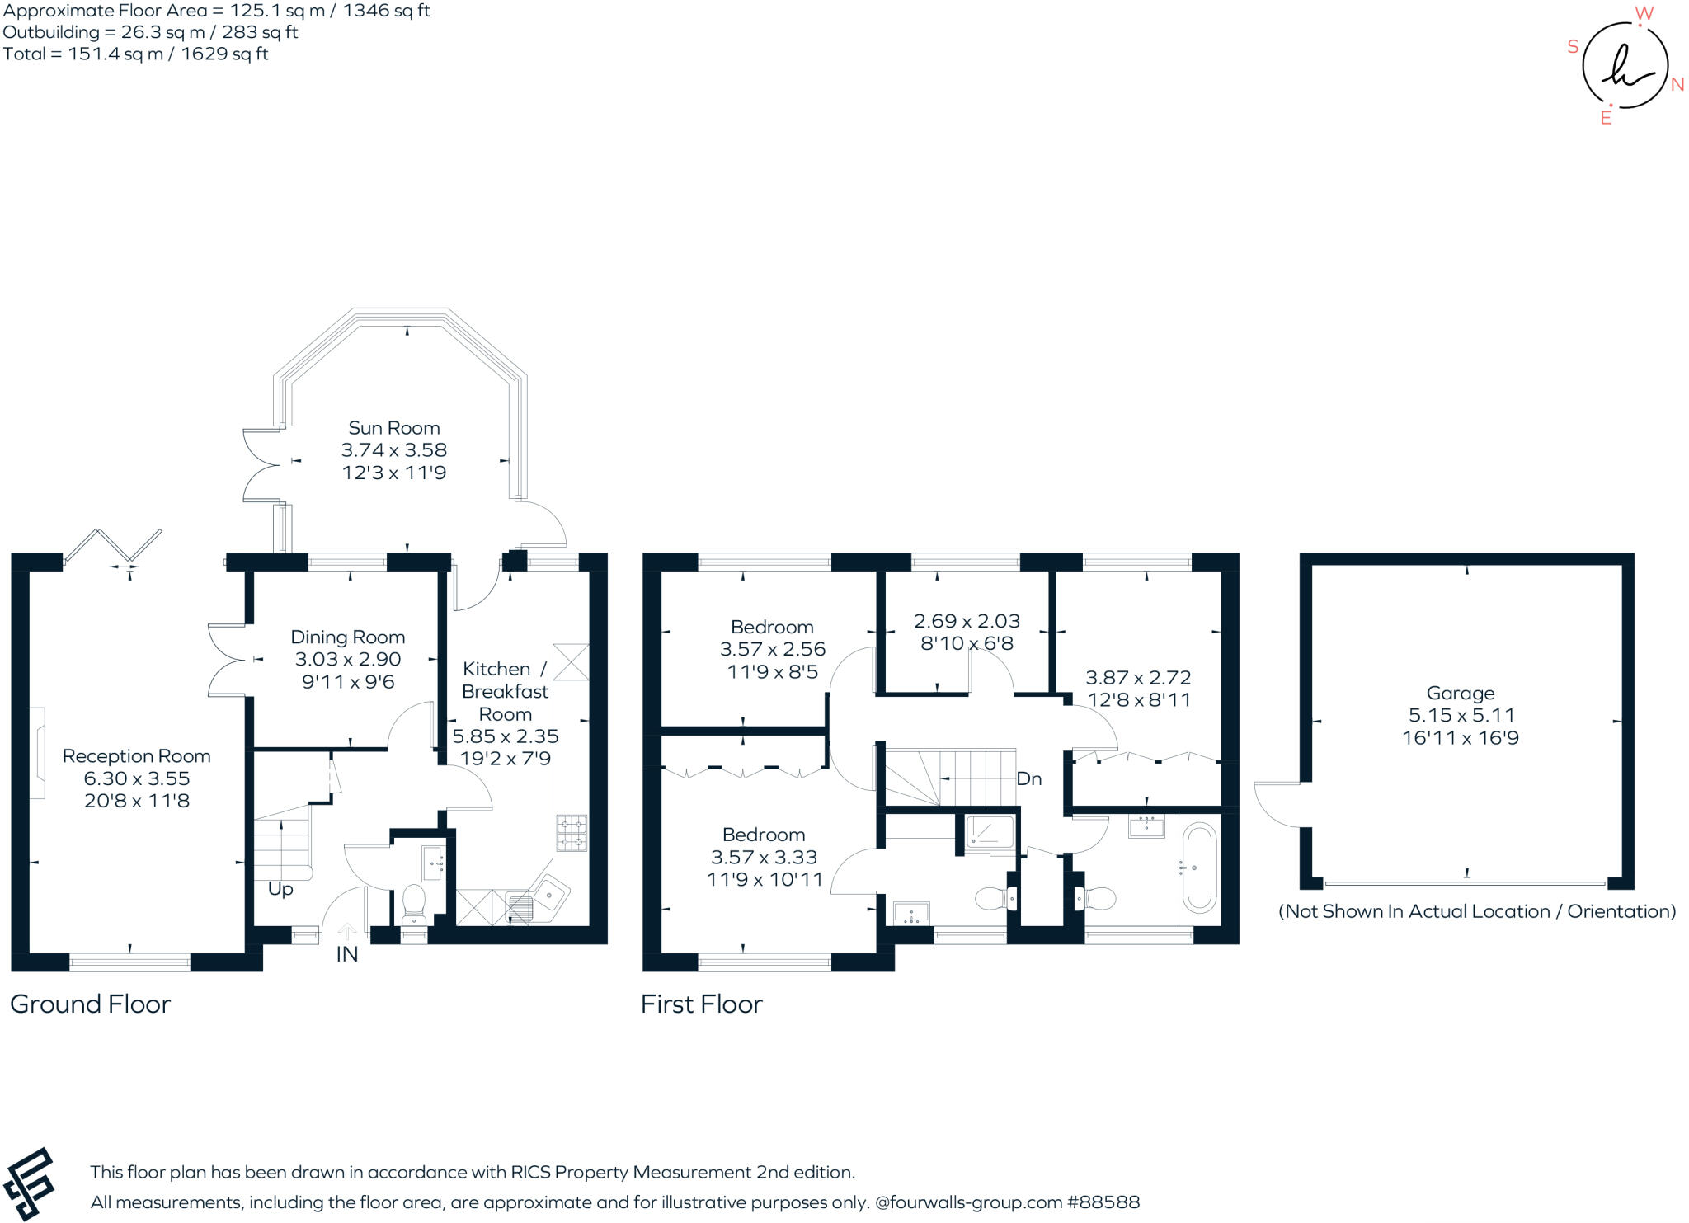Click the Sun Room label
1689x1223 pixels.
(x=394, y=428)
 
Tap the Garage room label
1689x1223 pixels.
(x=1461, y=694)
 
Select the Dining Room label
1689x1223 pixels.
(x=348, y=637)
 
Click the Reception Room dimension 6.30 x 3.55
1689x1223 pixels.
(x=137, y=778)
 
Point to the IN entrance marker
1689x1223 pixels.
(x=347, y=954)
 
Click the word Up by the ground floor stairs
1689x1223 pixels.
(x=280, y=890)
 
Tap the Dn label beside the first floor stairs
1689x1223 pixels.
(x=1029, y=779)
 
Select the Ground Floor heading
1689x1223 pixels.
(x=91, y=1004)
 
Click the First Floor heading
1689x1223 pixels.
(x=702, y=1004)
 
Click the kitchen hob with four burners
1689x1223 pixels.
(x=572, y=833)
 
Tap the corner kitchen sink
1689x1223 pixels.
(x=549, y=893)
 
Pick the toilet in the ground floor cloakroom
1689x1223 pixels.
(x=412, y=905)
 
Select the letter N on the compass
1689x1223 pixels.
(x=1677, y=85)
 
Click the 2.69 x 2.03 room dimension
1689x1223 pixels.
(x=967, y=621)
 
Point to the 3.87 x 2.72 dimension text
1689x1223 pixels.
(x=1138, y=678)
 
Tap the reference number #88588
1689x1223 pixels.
(x=1103, y=1202)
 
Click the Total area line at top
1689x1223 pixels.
(x=136, y=54)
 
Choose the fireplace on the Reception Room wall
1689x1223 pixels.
(x=38, y=753)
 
